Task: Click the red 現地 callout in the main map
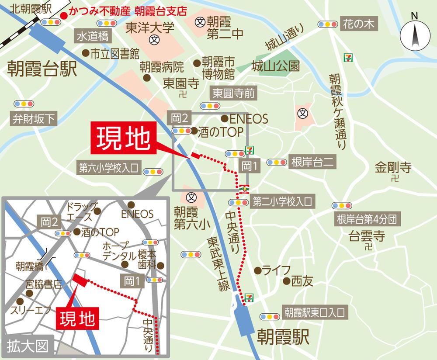tap(123, 139)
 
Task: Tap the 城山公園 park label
tap(276, 66)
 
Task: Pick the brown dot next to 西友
tap(287, 281)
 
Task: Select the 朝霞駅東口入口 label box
tap(314, 313)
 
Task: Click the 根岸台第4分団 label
tap(367, 219)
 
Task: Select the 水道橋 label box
tap(93, 36)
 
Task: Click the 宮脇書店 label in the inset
tap(44, 285)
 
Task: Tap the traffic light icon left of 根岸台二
tap(276, 162)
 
